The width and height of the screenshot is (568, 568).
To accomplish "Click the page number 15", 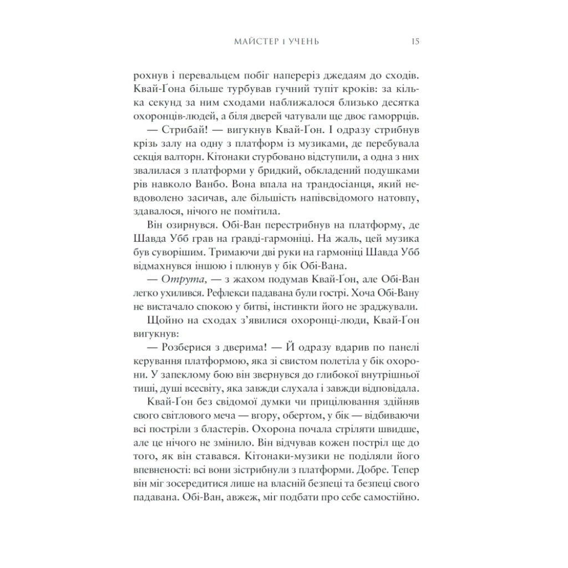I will coord(415,42).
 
